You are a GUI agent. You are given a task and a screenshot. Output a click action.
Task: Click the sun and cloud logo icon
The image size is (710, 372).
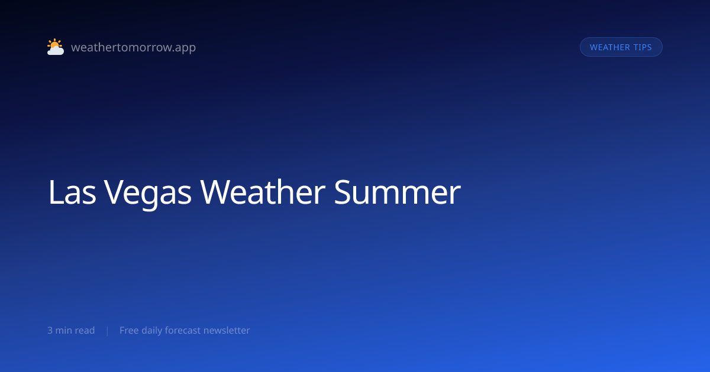[x=56, y=47]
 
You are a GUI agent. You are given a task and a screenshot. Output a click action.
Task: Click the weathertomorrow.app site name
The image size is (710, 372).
[x=134, y=47]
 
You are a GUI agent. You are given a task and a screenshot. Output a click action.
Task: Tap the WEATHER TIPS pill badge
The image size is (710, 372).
[x=621, y=47]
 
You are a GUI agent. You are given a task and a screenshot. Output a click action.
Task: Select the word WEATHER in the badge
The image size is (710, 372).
[x=610, y=47]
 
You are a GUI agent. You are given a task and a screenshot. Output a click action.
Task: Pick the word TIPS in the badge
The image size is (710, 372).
[x=643, y=47]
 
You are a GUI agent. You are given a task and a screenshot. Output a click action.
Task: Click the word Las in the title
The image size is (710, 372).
[x=72, y=192]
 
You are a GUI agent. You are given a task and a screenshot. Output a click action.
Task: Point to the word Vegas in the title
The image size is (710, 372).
[x=148, y=194]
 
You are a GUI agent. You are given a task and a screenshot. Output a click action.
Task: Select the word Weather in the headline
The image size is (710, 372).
[x=263, y=192]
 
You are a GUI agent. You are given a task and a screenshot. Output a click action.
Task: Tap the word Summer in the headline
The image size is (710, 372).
[x=398, y=192]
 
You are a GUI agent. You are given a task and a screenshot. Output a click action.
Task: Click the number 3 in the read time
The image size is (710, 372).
[x=50, y=330]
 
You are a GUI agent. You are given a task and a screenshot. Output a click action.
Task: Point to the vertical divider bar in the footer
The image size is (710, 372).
[x=108, y=331]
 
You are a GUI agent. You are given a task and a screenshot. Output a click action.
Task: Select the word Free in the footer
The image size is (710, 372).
[x=129, y=330]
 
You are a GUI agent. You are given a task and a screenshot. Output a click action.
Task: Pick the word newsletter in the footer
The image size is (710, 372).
[x=227, y=330]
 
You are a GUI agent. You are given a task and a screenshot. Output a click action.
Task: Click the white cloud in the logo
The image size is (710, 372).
[x=56, y=50]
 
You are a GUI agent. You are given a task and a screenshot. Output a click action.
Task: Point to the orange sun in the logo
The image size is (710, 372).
[x=54, y=44]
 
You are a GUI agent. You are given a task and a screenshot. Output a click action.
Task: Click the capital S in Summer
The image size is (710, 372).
[x=342, y=192]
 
